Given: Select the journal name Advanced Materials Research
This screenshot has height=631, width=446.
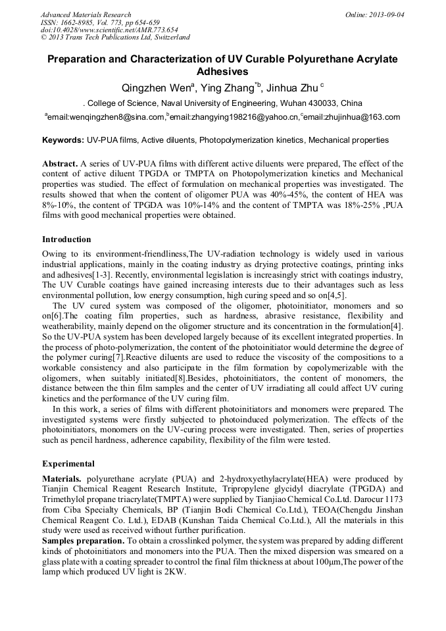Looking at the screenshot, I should (86, 14).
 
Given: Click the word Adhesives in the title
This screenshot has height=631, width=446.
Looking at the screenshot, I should (222, 72).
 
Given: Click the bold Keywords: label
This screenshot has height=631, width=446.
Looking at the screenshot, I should (63, 140).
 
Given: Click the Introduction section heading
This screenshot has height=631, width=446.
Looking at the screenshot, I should (66, 239).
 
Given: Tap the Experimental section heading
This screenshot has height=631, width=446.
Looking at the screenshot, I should (68, 463).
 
